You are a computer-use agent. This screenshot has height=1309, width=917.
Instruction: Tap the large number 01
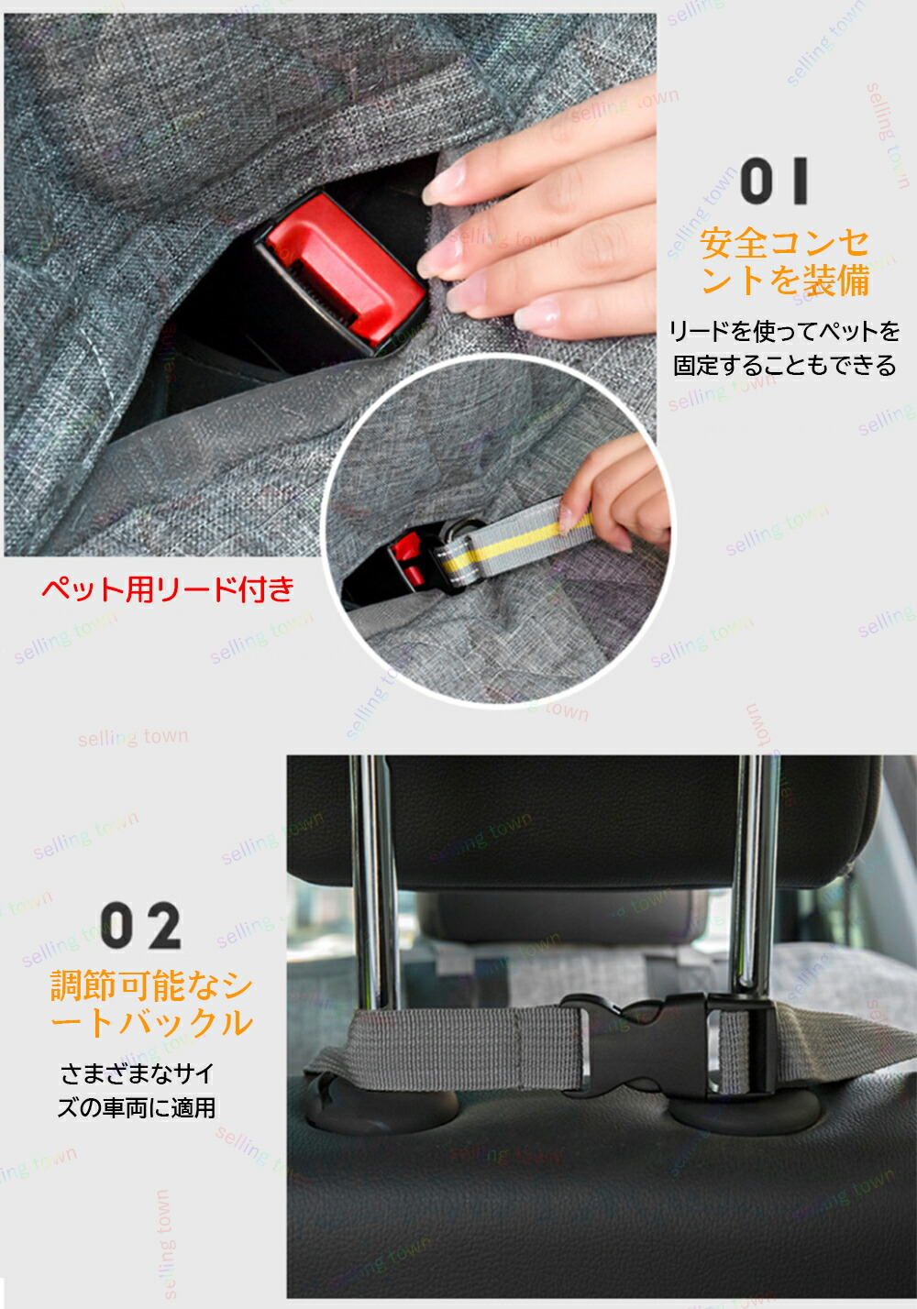(774, 181)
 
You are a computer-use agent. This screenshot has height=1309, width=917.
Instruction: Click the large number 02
(141, 926)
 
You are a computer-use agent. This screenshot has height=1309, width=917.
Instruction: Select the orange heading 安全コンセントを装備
(784, 262)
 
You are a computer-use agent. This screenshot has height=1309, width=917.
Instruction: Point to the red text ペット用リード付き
(168, 588)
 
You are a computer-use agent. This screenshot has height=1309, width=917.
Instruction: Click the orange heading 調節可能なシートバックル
(151, 1004)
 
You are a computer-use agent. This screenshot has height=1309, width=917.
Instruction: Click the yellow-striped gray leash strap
(514, 542)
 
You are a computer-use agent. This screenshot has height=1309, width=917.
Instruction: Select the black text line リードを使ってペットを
(784, 331)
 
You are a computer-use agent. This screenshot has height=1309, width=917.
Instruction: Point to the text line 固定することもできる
(784, 366)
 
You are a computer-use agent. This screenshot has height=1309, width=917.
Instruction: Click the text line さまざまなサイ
(138, 1072)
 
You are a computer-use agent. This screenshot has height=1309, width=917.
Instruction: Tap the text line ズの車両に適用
(137, 1107)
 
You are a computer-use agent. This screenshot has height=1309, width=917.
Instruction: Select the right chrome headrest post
(755, 876)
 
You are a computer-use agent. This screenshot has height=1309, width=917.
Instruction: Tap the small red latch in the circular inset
(408, 559)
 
